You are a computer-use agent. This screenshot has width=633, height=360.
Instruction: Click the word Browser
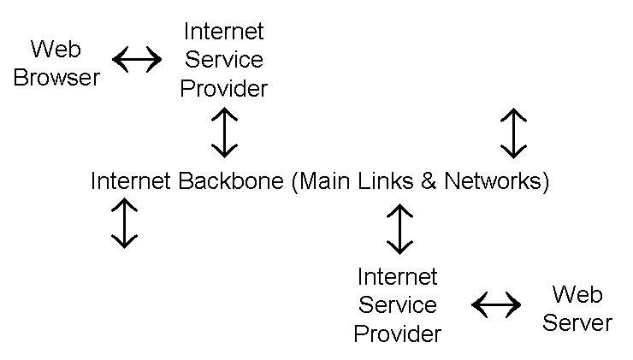[56, 78]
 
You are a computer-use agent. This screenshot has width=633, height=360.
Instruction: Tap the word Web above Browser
[56, 48]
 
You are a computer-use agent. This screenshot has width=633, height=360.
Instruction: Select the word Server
[577, 323]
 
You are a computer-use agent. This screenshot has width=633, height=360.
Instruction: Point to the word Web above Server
[577, 294]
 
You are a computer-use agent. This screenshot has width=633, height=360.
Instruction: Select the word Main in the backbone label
[328, 181]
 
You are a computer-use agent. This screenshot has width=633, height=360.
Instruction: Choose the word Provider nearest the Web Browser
[224, 88]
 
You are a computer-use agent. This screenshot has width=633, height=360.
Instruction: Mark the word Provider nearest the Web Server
[398, 333]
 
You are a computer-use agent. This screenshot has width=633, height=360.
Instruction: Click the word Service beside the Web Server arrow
[398, 305]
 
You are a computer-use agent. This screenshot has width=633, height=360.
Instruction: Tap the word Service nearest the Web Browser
[224, 60]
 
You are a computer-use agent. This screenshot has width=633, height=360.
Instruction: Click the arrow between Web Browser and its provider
[137, 60]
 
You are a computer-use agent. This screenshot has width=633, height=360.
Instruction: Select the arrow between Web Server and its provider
[496, 304]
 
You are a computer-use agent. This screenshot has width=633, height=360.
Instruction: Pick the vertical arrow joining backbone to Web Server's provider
[399, 229]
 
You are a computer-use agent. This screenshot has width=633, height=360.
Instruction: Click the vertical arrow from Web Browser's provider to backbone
[224, 132]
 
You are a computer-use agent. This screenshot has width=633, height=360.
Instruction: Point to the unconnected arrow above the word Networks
[513, 133]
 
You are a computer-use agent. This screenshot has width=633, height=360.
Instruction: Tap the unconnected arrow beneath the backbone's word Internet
[125, 223]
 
